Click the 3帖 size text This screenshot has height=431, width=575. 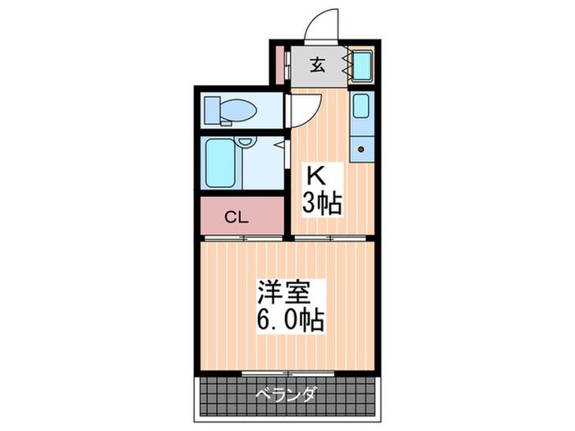tap(320, 203)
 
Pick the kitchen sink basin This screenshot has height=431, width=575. tap(361, 107)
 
